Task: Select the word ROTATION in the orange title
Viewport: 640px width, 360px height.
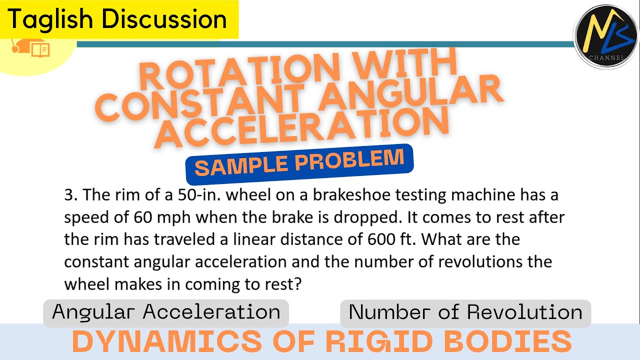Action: click(225, 75)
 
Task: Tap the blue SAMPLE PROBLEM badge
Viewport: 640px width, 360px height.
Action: click(299, 164)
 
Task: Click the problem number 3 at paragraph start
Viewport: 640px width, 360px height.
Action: click(68, 195)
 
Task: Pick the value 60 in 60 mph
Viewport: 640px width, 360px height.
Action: click(143, 217)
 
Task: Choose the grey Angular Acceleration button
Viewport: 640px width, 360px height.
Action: click(166, 312)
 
